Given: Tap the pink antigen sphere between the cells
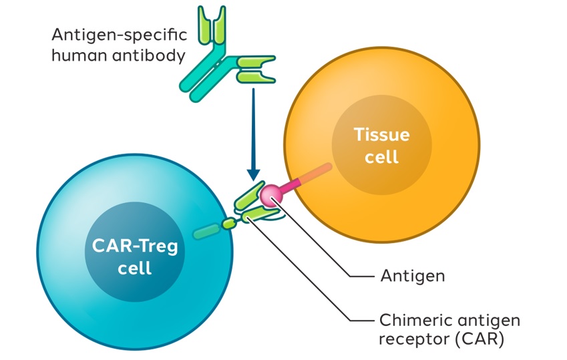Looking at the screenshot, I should pos(271,194).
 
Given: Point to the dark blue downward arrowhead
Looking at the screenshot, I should pos(254,174).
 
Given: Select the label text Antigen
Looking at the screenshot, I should pos(412,275).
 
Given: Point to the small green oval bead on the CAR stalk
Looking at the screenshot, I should pos(229,223).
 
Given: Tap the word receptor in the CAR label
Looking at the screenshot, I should pos(408,338).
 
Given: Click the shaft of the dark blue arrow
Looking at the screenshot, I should pos(254,127).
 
